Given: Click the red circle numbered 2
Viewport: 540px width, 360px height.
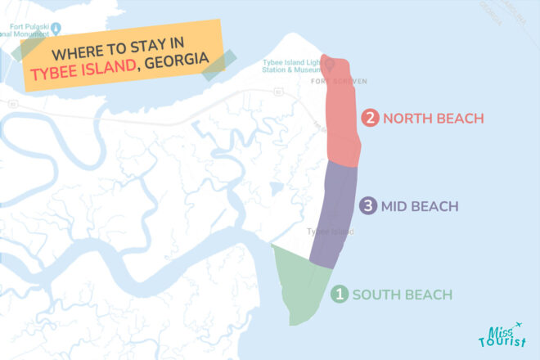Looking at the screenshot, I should (371, 119).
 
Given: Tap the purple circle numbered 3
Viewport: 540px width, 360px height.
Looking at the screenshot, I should (370, 206).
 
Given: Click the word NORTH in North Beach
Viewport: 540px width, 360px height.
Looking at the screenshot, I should (409, 119).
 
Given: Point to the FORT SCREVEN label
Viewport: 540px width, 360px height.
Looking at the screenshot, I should (339, 82).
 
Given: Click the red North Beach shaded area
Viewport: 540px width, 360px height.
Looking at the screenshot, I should (343, 115).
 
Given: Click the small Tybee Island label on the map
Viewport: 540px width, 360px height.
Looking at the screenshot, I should (330, 232).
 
